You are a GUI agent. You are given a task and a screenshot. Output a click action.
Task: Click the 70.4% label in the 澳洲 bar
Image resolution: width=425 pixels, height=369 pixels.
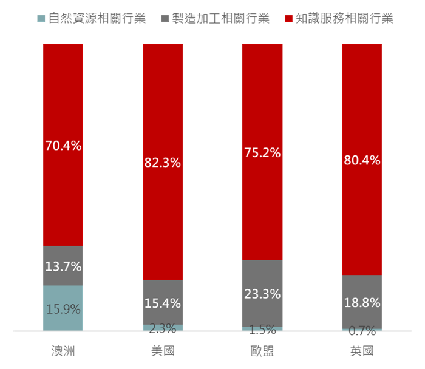coord(63,146)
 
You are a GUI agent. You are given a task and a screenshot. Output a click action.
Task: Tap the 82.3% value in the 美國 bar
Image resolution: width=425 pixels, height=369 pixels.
coord(163,163)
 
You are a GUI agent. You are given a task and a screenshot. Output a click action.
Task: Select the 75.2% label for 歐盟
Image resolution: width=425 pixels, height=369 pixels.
coord(262,153)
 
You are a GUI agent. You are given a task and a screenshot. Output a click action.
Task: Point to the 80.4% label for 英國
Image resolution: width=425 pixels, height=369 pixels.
coord(362,160)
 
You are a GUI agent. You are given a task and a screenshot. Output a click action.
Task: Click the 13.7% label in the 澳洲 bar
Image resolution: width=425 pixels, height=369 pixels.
coord(63,266)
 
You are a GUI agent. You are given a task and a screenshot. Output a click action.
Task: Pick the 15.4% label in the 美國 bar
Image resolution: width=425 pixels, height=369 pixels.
coord(163,303)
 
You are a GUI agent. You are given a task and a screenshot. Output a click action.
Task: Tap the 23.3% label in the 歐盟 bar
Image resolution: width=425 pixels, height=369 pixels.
coord(262,294)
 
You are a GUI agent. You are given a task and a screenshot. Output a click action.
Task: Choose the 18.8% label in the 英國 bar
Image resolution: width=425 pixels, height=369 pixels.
coord(362,303)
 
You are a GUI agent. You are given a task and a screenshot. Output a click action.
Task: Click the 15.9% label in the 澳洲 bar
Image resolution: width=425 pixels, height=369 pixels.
coord(63,310)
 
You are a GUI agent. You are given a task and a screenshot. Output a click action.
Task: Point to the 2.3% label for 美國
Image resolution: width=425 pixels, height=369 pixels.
coord(163,328)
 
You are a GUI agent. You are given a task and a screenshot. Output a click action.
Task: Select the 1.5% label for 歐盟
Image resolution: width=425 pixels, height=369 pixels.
coord(262,330)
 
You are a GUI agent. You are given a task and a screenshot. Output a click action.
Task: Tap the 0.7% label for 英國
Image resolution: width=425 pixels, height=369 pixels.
coord(362,331)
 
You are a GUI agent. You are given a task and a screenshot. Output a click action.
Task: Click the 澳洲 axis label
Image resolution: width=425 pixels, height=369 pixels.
coord(63,351)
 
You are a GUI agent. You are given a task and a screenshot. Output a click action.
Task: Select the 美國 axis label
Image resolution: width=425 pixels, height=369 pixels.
coord(163,351)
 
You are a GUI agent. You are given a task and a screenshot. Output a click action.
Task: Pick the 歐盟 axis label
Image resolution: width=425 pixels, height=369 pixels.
coord(262,351)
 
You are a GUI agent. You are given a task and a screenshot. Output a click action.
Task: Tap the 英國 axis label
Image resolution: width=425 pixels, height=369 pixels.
coord(362,351)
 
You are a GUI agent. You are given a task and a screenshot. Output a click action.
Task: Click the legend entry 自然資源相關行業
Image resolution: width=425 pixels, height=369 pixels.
coord(97,19)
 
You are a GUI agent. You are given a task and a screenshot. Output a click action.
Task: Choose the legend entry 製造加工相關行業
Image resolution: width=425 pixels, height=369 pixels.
coord(220,19)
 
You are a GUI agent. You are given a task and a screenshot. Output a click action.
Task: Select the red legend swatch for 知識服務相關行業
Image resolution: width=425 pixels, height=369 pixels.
coord(288,19)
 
